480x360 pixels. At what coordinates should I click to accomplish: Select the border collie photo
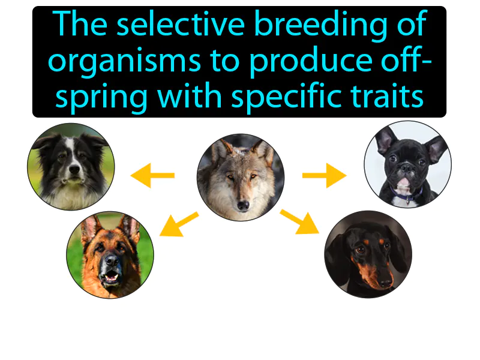(x=71, y=166)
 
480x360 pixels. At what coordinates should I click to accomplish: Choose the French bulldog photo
(x=407, y=164)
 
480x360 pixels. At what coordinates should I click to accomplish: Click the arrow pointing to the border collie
(x=152, y=176)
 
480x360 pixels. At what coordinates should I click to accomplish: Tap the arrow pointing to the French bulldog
(x=324, y=176)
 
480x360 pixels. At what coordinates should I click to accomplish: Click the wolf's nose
(x=242, y=205)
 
